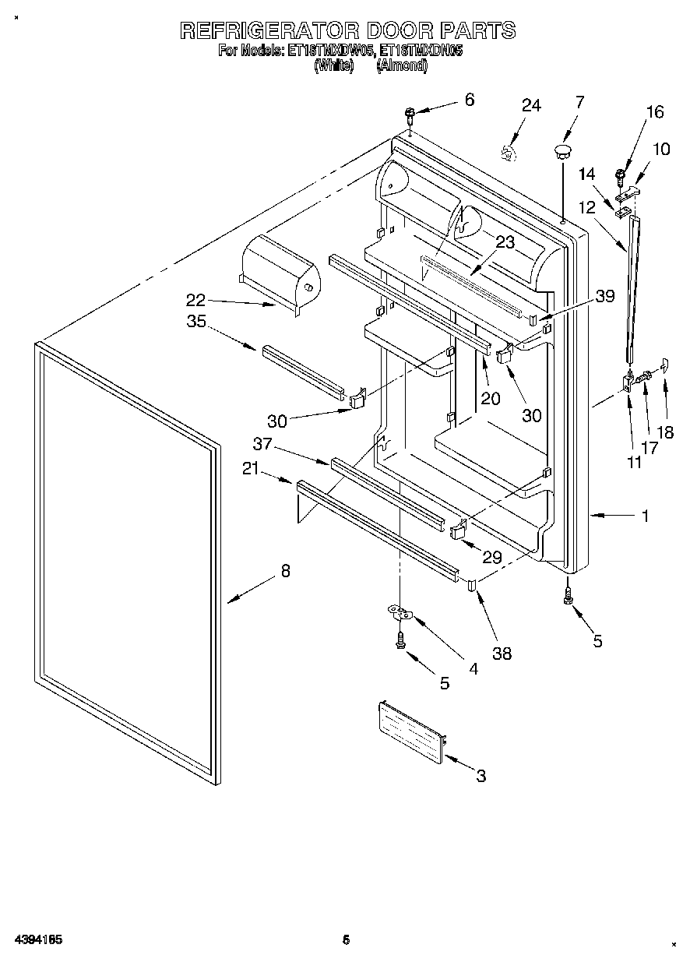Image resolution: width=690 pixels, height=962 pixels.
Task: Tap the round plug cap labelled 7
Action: click(562, 149)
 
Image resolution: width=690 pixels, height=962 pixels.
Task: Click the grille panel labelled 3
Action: click(411, 730)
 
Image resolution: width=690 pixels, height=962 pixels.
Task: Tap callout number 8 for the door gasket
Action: click(285, 571)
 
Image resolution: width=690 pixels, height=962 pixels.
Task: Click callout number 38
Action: click(502, 654)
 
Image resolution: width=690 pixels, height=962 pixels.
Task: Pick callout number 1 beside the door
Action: click(645, 515)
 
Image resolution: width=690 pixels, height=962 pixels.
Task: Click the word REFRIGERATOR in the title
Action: click(268, 31)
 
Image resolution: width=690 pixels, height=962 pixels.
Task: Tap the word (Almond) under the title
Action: click(401, 66)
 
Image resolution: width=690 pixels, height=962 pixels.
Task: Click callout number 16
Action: click(655, 112)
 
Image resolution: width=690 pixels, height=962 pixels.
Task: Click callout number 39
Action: click(605, 296)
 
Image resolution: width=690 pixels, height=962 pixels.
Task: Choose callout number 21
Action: click(250, 468)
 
